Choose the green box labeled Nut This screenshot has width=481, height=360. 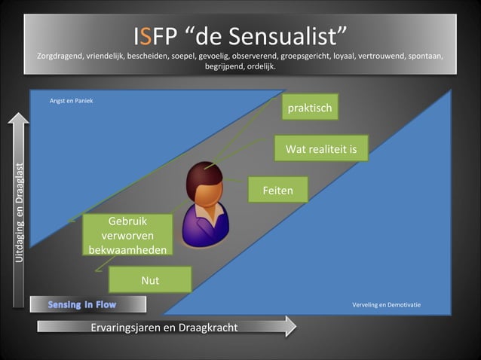[x=150, y=281]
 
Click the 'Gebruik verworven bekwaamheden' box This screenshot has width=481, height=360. [x=127, y=235]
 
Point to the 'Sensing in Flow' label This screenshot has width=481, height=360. [x=86, y=304]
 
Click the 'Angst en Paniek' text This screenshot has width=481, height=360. [x=71, y=101]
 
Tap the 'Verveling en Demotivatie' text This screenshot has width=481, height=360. [x=386, y=305]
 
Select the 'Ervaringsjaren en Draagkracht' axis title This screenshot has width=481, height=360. [x=164, y=327]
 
